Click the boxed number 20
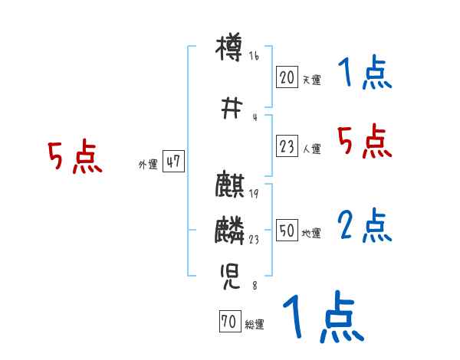287,77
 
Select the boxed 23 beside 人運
287,148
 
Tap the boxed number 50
287,231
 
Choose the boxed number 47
172,162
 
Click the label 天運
311,79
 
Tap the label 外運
147,164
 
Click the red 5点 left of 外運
74,157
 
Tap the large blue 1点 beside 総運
322,317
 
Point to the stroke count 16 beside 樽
255,56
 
